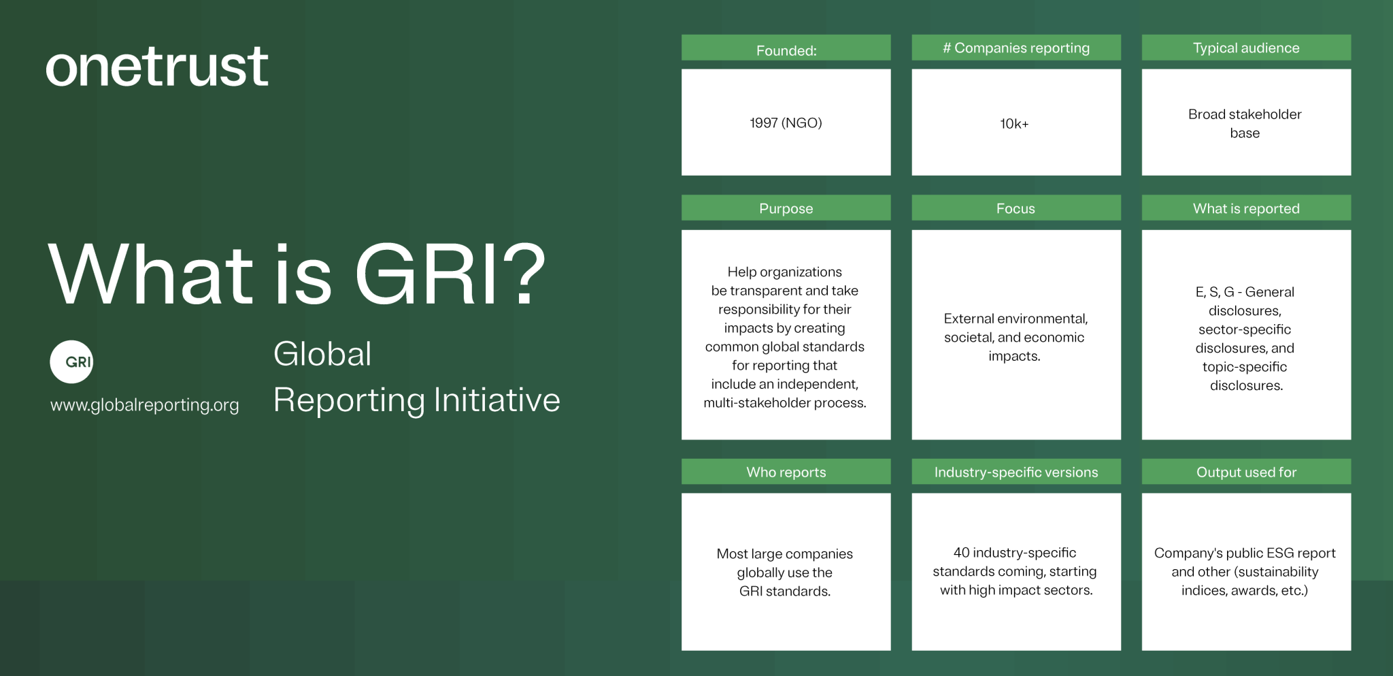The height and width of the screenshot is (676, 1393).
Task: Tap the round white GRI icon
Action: click(71, 361)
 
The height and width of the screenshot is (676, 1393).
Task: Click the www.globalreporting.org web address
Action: click(145, 405)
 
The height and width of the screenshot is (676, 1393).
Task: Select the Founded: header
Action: click(786, 50)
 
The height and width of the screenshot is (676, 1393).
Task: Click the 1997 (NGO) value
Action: click(786, 123)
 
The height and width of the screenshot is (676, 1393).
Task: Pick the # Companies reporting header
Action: click(1016, 48)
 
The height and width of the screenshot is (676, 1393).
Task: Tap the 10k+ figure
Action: click(1014, 124)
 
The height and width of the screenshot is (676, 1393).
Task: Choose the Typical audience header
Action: click(1246, 48)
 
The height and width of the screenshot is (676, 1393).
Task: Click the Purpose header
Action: click(786, 208)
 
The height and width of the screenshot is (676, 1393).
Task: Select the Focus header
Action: click(1016, 208)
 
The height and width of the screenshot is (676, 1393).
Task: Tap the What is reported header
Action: click(1246, 208)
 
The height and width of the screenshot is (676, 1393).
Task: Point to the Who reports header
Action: click(786, 472)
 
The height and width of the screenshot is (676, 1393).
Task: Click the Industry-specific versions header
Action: click(1016, 472)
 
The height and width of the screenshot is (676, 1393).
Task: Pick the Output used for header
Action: click(1246, 472)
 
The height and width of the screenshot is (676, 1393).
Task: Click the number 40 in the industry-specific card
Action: click(961, 553)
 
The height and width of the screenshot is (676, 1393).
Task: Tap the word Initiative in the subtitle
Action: click(497, 400)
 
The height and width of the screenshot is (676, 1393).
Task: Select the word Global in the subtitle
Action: click(322, 354)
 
